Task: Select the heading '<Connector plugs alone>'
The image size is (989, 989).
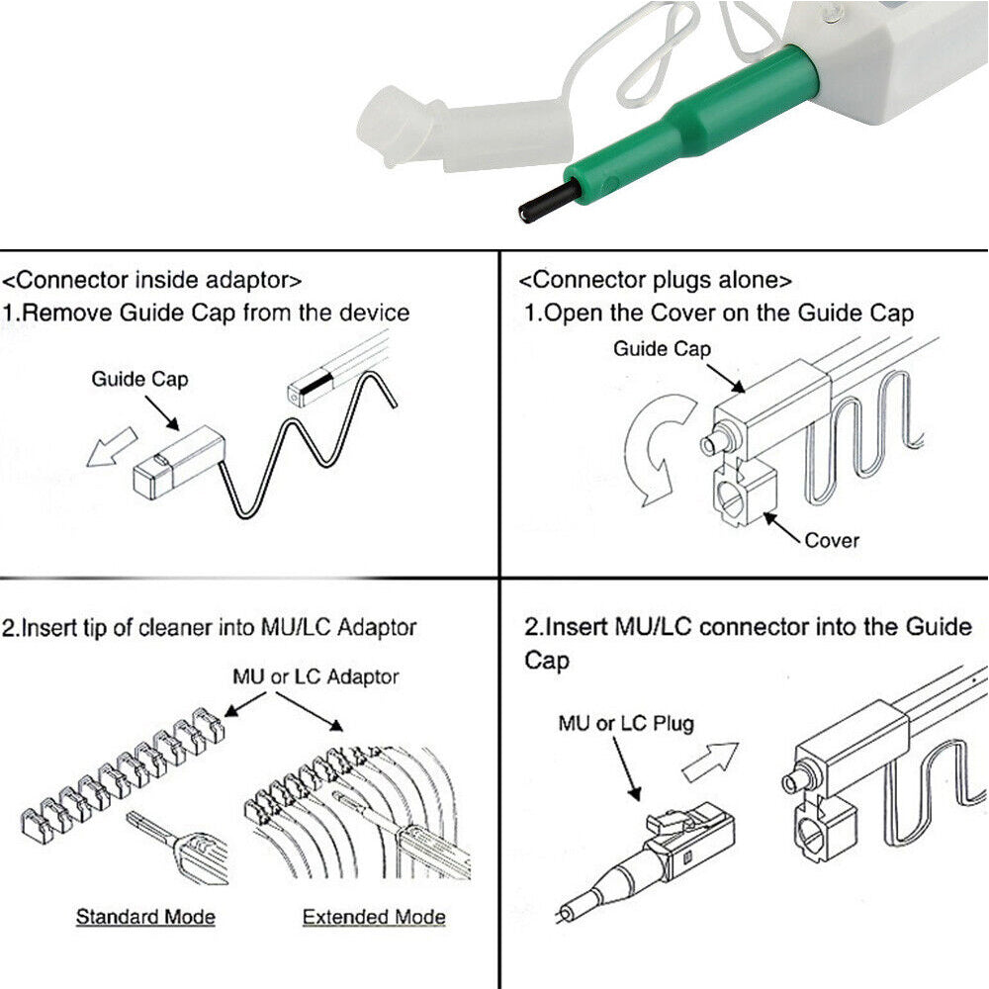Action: pos(656,281)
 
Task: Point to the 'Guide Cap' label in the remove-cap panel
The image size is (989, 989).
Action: pos(138,378)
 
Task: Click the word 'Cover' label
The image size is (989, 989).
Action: pos(832,540)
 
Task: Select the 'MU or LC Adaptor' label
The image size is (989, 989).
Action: pos(315,676)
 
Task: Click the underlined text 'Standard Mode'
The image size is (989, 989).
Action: pos(145,916)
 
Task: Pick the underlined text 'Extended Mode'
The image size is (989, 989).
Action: pos(373,917)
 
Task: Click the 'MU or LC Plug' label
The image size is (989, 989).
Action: pos(626,723)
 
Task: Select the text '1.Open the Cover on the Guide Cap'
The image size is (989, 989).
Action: pos(719,314)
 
